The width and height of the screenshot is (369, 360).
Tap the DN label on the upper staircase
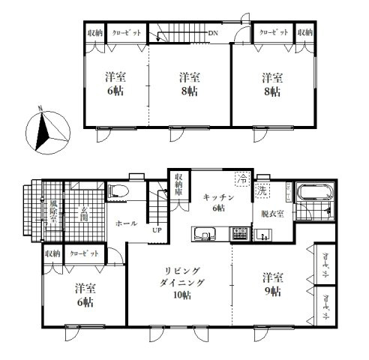(x=213, y=33)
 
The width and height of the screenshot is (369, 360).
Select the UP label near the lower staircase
(x=157, y=230)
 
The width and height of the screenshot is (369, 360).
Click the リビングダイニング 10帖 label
(x=180, y=284)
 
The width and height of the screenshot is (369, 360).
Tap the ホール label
(x=125, y=223)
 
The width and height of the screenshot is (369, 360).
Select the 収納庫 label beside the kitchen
(x=178, y=184)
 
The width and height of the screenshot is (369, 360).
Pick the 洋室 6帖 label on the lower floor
(x=85, y=295)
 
